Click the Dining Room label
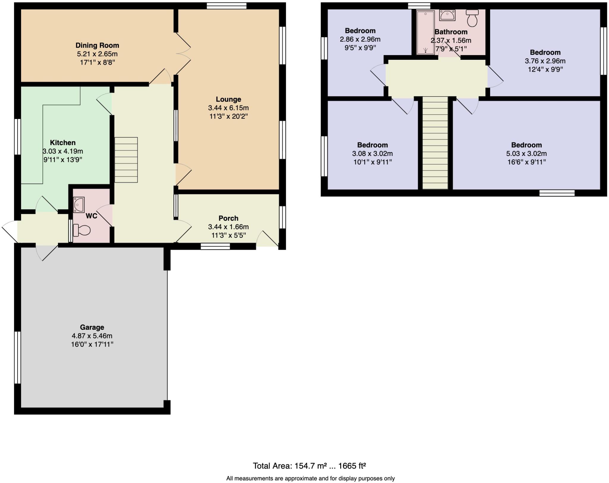tap(97, 46)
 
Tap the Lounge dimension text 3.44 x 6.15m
tap(228, 108)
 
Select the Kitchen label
tap(63, 143)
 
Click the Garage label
tap(92, 327)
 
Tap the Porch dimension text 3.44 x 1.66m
tap(228, 227)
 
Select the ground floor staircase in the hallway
tap(126, 160)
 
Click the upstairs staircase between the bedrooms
tap(435, 143)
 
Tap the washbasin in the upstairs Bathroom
tap(447, 15)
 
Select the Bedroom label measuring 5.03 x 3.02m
tap(526, 145)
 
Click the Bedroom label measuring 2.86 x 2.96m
tap(360, 31)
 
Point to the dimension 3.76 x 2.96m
tap(545, 61)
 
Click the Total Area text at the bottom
tap(309, 466)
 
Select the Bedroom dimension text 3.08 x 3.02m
tap(372, 154)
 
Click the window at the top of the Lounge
tap(227, 6)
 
